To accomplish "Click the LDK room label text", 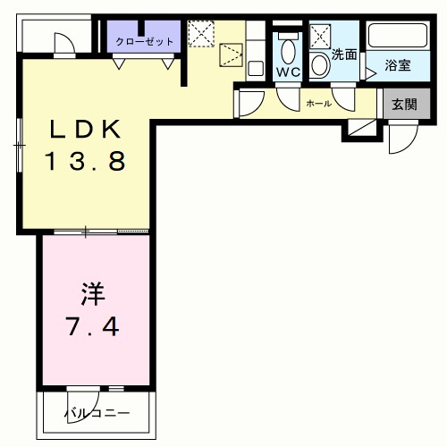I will tap(85, 131).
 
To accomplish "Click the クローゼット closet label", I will tap(144, 41).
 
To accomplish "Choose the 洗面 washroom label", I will tap(344, 55).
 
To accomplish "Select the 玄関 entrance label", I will tap(399, 104).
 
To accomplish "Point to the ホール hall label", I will tap(318, 104).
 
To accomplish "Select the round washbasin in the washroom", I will tap(319, 65).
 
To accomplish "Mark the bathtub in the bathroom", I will tap(399, 38).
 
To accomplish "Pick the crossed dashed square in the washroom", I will tap(319, 37).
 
